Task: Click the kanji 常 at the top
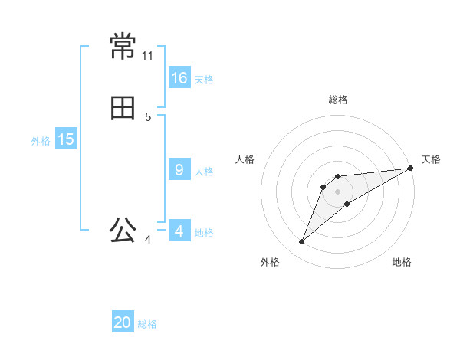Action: coord(123,47)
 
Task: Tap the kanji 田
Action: coord(123,108)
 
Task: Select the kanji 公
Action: coord(123,231)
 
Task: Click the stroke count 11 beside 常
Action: coord(148,56)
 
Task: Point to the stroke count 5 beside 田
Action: coord(148,117)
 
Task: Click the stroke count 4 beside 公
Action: coord(148,240)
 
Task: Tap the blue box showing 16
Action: coord(179,77)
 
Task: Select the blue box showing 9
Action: coord(179,170)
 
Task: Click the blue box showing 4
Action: coord(179,231)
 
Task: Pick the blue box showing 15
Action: coord(66,139)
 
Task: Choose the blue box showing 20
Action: coord(123,322)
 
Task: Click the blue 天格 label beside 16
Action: coord(204,80)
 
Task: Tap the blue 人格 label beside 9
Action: coord(204,172)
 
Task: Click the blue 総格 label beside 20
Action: coord(147,325)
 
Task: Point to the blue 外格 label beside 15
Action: coord(41,141)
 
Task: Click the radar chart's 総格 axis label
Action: coord(338,100)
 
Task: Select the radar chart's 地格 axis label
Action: coord(402,262)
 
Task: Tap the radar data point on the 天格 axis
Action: coord(410,168)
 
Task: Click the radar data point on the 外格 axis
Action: coord(301,242)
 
